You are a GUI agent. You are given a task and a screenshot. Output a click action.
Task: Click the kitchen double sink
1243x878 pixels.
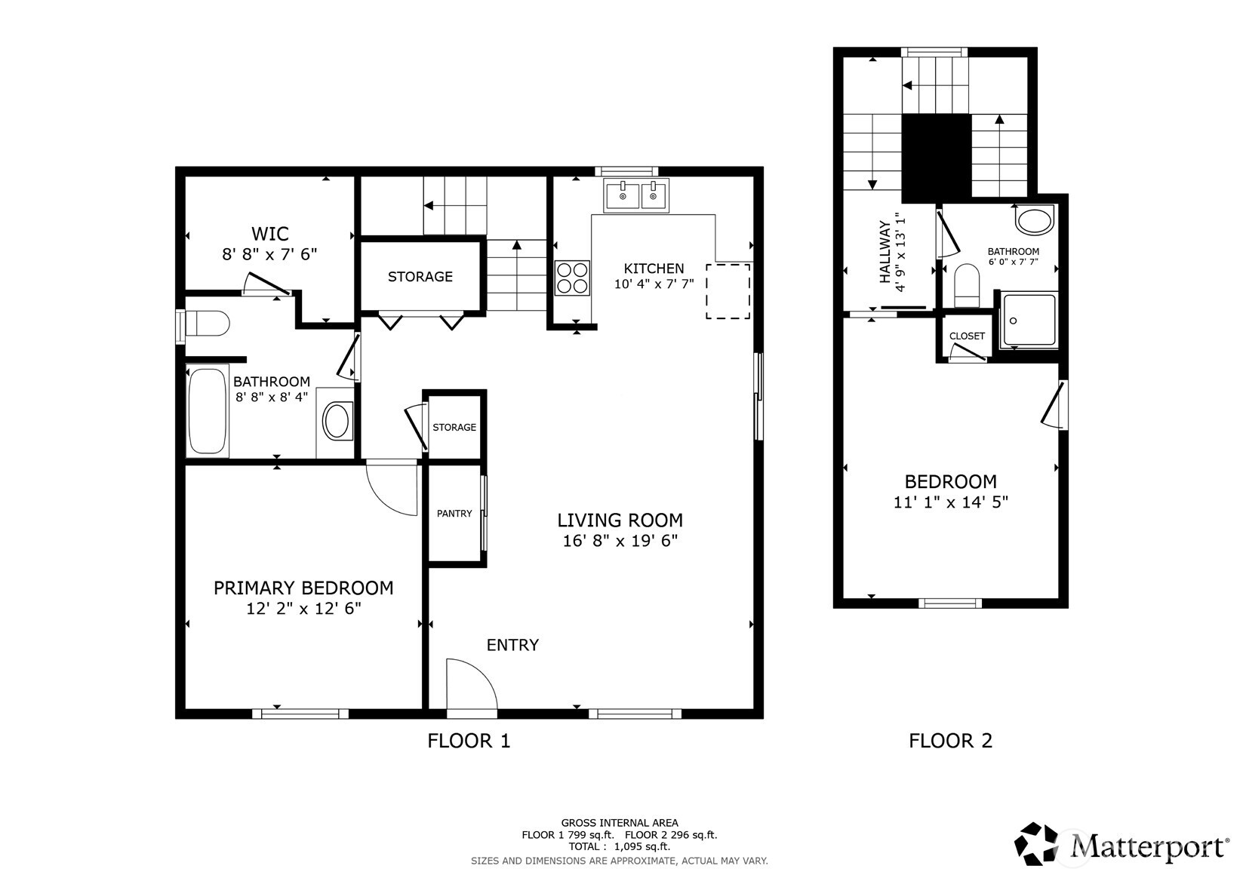(636, 196)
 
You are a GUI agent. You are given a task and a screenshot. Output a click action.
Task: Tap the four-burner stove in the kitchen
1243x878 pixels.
(573, 278)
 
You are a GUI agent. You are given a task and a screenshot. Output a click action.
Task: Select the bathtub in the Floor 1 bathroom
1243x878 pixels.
(207, 410)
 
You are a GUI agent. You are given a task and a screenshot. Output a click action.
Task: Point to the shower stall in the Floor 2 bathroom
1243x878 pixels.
(1029, 321)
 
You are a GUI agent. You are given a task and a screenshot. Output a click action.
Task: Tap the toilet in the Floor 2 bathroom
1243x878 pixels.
(966, 285)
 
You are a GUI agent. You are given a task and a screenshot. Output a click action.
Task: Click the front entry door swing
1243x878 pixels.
(469, 685)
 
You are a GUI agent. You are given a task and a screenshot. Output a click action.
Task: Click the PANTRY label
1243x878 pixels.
(454, 514)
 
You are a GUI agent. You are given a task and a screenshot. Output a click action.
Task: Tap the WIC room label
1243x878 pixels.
(269, 234)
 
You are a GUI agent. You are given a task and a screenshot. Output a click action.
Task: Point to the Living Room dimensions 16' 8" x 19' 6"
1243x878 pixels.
(620, 541)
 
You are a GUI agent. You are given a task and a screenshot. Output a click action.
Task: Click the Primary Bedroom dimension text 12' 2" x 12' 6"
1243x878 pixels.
(303, 609)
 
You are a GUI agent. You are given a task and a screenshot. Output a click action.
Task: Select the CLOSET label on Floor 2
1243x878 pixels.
(967, 336)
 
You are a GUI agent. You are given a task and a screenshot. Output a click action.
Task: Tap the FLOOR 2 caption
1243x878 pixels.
(950, 741)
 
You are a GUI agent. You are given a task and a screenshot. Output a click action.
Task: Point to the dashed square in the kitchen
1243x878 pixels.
(728, 291)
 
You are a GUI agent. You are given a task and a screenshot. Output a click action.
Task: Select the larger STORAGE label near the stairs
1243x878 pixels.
(420, 277)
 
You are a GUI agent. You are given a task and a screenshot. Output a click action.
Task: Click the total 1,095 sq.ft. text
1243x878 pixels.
(619, 846)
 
